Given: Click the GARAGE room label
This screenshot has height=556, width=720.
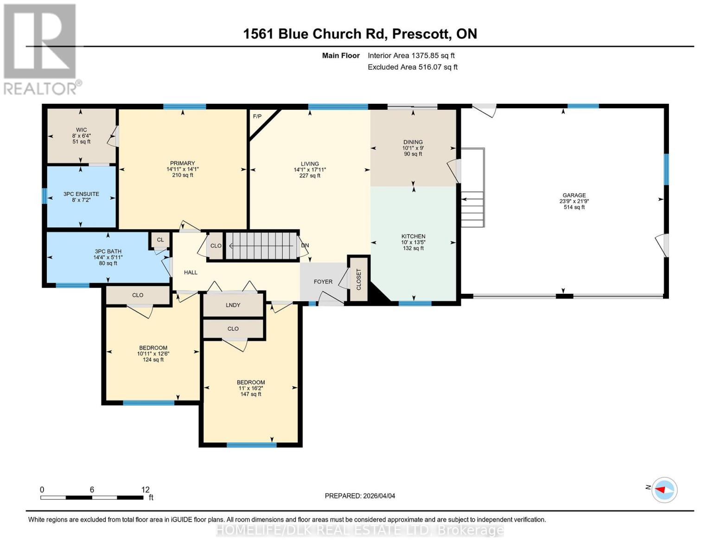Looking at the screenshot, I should coord(574,196).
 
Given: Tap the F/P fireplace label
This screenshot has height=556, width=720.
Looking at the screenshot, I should coord(257,116).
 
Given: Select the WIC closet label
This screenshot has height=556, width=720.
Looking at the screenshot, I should coord(82,130).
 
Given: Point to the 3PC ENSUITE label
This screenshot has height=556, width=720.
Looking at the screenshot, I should coord(81,194).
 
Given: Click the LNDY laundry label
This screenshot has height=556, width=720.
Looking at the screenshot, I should coord(233,305).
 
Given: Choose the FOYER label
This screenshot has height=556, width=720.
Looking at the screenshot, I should coord(323,282).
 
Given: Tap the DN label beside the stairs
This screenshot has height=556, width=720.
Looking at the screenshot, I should coord(305,246).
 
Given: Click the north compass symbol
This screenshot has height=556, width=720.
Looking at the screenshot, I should coord(664,490).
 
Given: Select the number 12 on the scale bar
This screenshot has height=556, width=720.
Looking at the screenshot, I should coord(146,490).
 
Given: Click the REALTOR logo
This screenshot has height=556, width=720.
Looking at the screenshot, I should coord(40,49).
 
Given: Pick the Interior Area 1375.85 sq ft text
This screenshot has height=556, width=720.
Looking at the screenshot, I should coord(411,56).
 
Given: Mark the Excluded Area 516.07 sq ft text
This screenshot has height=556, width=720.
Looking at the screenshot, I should coord(413,67).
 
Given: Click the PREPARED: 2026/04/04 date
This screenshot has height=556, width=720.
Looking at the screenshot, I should coord(360,496).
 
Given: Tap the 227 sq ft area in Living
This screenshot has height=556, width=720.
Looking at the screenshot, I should coord(310,176).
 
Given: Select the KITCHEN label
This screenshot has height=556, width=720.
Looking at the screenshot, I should coord(413,236).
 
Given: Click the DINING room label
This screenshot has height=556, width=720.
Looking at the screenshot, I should coord(413,142).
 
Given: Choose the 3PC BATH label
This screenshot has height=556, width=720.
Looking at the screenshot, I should coord(108,252).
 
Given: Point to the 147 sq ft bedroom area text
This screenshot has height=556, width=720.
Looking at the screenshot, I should coord(251,394).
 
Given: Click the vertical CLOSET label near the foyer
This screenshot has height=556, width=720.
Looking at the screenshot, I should coord(358,279).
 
